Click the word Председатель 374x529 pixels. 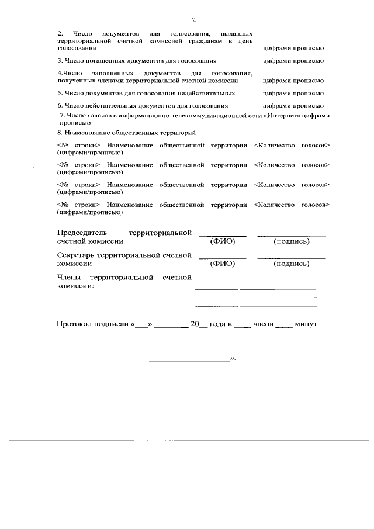tap(82, 233)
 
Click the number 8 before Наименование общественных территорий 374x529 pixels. tap(60, 133)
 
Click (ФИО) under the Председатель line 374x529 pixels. tap(222, 241)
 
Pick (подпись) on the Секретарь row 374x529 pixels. tap(291, 264)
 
